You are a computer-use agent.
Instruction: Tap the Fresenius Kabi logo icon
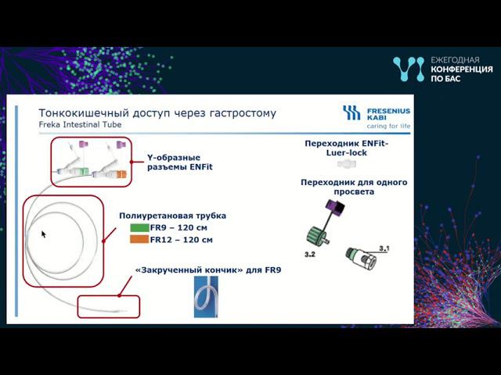pyautogui.click(x=351, y=112)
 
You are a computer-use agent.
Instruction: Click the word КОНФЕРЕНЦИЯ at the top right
pyautogui.click(x=462, y=70)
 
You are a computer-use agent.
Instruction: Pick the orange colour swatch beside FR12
pyautogui.click(x=139, y=240)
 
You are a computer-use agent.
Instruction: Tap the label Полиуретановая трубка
pyautogui.click(x=172, y=215)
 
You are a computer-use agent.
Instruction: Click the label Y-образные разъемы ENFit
pyautogui.click(x=180, y=162)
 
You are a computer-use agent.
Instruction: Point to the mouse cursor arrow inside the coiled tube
pyautogui.click(x=44, y=234)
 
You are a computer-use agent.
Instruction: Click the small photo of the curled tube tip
pyautogui.click(x=206, y=298)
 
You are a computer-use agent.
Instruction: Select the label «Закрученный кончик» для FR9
pyautogui.click(x=207, y=270)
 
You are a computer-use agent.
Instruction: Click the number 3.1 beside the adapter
pyautogui.click(x=384, y=248)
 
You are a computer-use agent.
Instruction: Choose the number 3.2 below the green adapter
pyautogui.click(x=310, y=255)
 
